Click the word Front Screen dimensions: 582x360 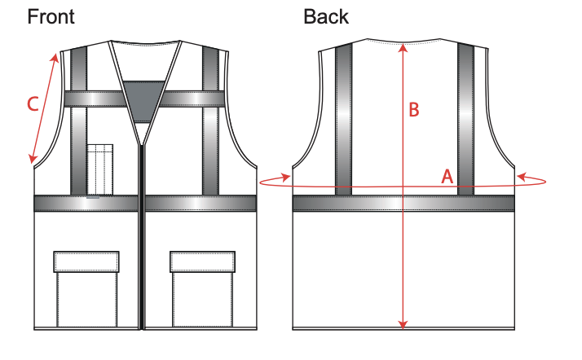[x=51, y=16]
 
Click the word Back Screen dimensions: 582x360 [x=326, y=16]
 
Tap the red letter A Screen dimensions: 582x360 [x=448, y=176]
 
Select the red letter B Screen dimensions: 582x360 [x=414, y=109]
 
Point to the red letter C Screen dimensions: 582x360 [x=33, y=103]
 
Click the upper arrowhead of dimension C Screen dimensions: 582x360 [x=55, y=58]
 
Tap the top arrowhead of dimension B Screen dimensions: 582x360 [x=403, y=48]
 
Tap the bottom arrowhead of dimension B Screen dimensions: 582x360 [x=403, y=325]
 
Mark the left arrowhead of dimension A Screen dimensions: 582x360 [x=286, y=178]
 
